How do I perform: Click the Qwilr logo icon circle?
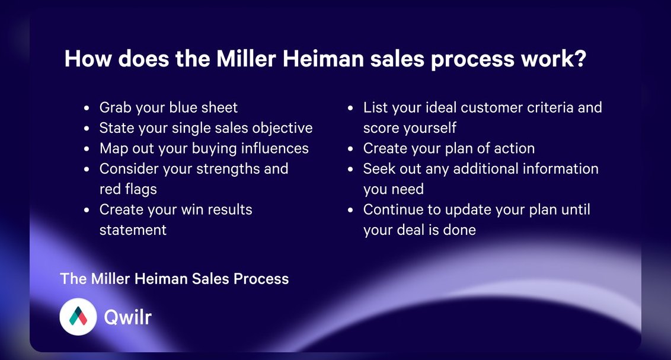[x=78, y=317]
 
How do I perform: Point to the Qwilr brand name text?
[x=127, y=317]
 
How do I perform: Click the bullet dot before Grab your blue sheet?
[x=87, y=108]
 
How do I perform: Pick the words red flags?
[x=128, y=189]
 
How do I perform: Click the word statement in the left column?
[x=133, y=230]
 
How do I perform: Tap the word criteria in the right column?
[x=550, y=107]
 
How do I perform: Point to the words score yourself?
[x=410, y=128]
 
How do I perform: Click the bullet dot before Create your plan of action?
[x=350, y=149]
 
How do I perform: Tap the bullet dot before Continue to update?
[x=350, y=210]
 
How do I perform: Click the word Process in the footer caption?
[x=261, y=279]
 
